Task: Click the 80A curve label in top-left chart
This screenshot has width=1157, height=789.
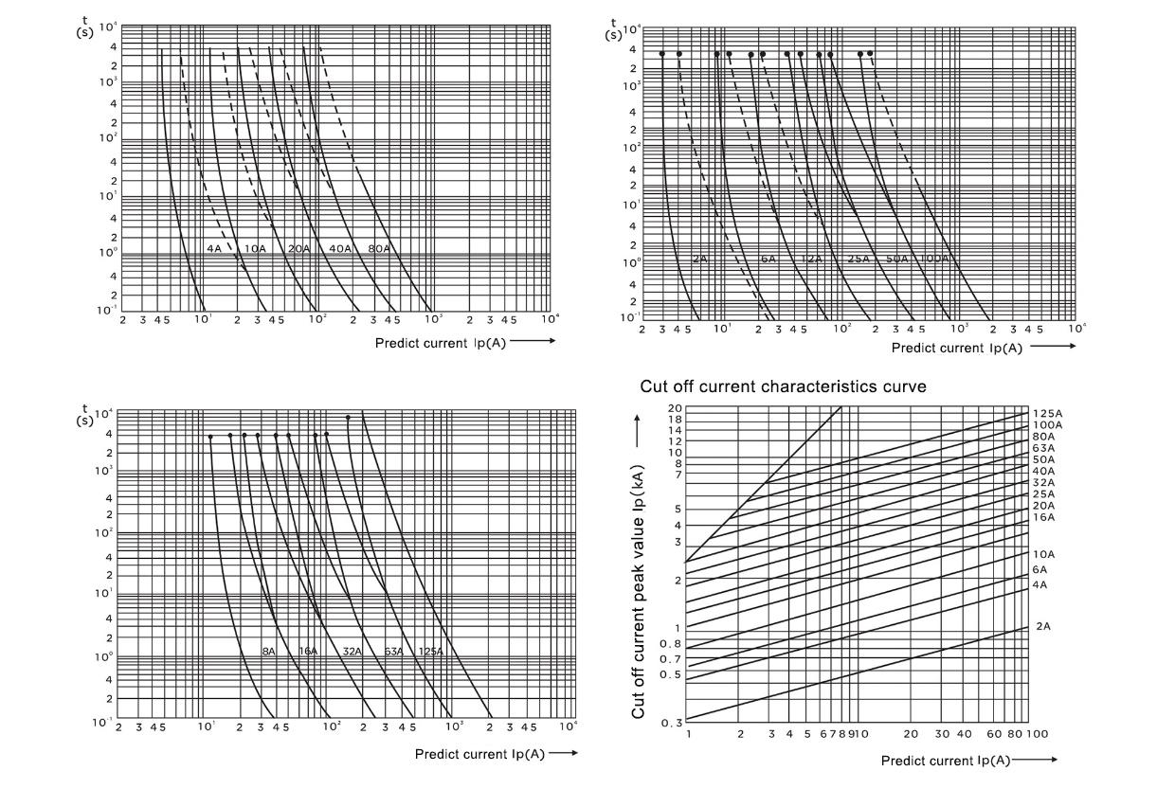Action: pos(379,249)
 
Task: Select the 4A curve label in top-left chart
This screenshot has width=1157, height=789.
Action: pos(213,249)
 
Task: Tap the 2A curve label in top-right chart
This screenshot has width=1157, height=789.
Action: pos(699,259)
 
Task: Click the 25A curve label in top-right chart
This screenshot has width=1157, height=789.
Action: pos(859,259)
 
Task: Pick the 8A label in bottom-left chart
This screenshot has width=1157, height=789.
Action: pos(269,652)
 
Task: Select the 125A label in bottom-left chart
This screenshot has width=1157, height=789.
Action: pos(430,652)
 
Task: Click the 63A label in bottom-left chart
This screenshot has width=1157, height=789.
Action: pos(393,652)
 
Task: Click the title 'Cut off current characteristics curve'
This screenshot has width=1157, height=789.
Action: pos(783,386)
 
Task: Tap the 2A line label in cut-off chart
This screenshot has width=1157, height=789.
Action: pos(1042,626)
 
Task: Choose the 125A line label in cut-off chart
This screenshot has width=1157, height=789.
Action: pos(1047,414)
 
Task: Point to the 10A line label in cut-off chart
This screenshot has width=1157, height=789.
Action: pos(1044,554)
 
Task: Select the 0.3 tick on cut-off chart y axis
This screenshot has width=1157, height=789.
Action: pos(671,723)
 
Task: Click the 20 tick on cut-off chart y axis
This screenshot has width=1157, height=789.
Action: pos(675,407)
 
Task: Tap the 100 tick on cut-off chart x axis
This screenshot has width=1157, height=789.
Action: pos(1036,734)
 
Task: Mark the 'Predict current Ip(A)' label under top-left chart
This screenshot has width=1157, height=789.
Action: pos(440,342)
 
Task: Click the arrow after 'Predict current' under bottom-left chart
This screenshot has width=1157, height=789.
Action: pos(562,754)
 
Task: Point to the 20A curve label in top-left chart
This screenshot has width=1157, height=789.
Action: pos(298,249)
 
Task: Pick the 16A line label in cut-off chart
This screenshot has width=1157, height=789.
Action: pos(1044,517)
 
